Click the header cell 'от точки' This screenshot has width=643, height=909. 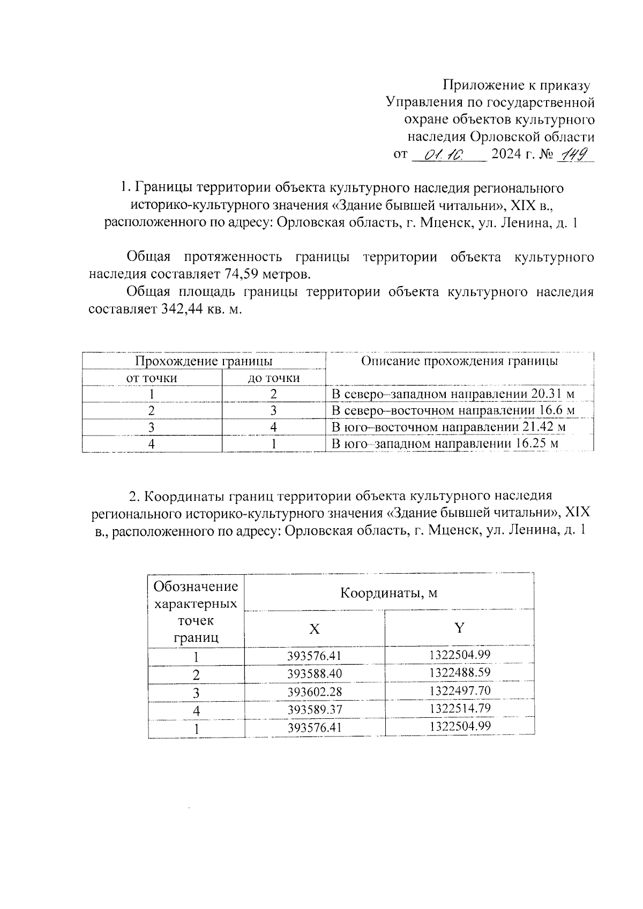tap(152, 378)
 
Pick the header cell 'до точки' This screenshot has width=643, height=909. tap(273, 378)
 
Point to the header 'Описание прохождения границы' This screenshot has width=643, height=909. tap(459, 361)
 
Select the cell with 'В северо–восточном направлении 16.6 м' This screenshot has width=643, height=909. tap(453, 411)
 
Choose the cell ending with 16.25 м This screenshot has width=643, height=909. tap(445, 444)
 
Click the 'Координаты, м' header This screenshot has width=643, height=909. tap(388, 593)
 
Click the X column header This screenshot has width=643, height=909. tap(315, 629)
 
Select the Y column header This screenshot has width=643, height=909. tap(459, 628)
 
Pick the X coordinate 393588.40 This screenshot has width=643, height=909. tap(315, 674)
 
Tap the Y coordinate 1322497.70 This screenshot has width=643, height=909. tap(460, 690)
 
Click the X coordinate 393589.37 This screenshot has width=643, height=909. tap(315, 710)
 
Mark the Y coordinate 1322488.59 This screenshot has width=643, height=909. tap(460, 672)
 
